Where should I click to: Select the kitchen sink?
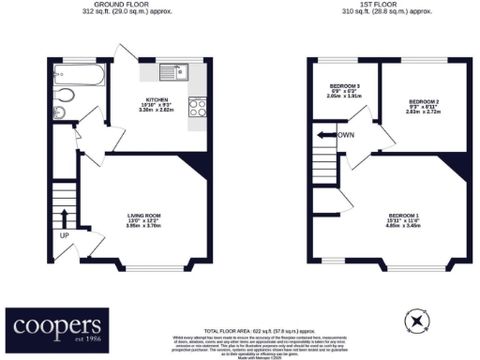(x=173, y=71)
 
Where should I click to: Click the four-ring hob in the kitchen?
(x=198, y=108)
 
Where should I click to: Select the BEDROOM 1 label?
(x=404, y=217)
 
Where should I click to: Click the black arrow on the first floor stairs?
(x=325, y=136)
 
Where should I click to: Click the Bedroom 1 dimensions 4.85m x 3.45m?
(x=404, y=228)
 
